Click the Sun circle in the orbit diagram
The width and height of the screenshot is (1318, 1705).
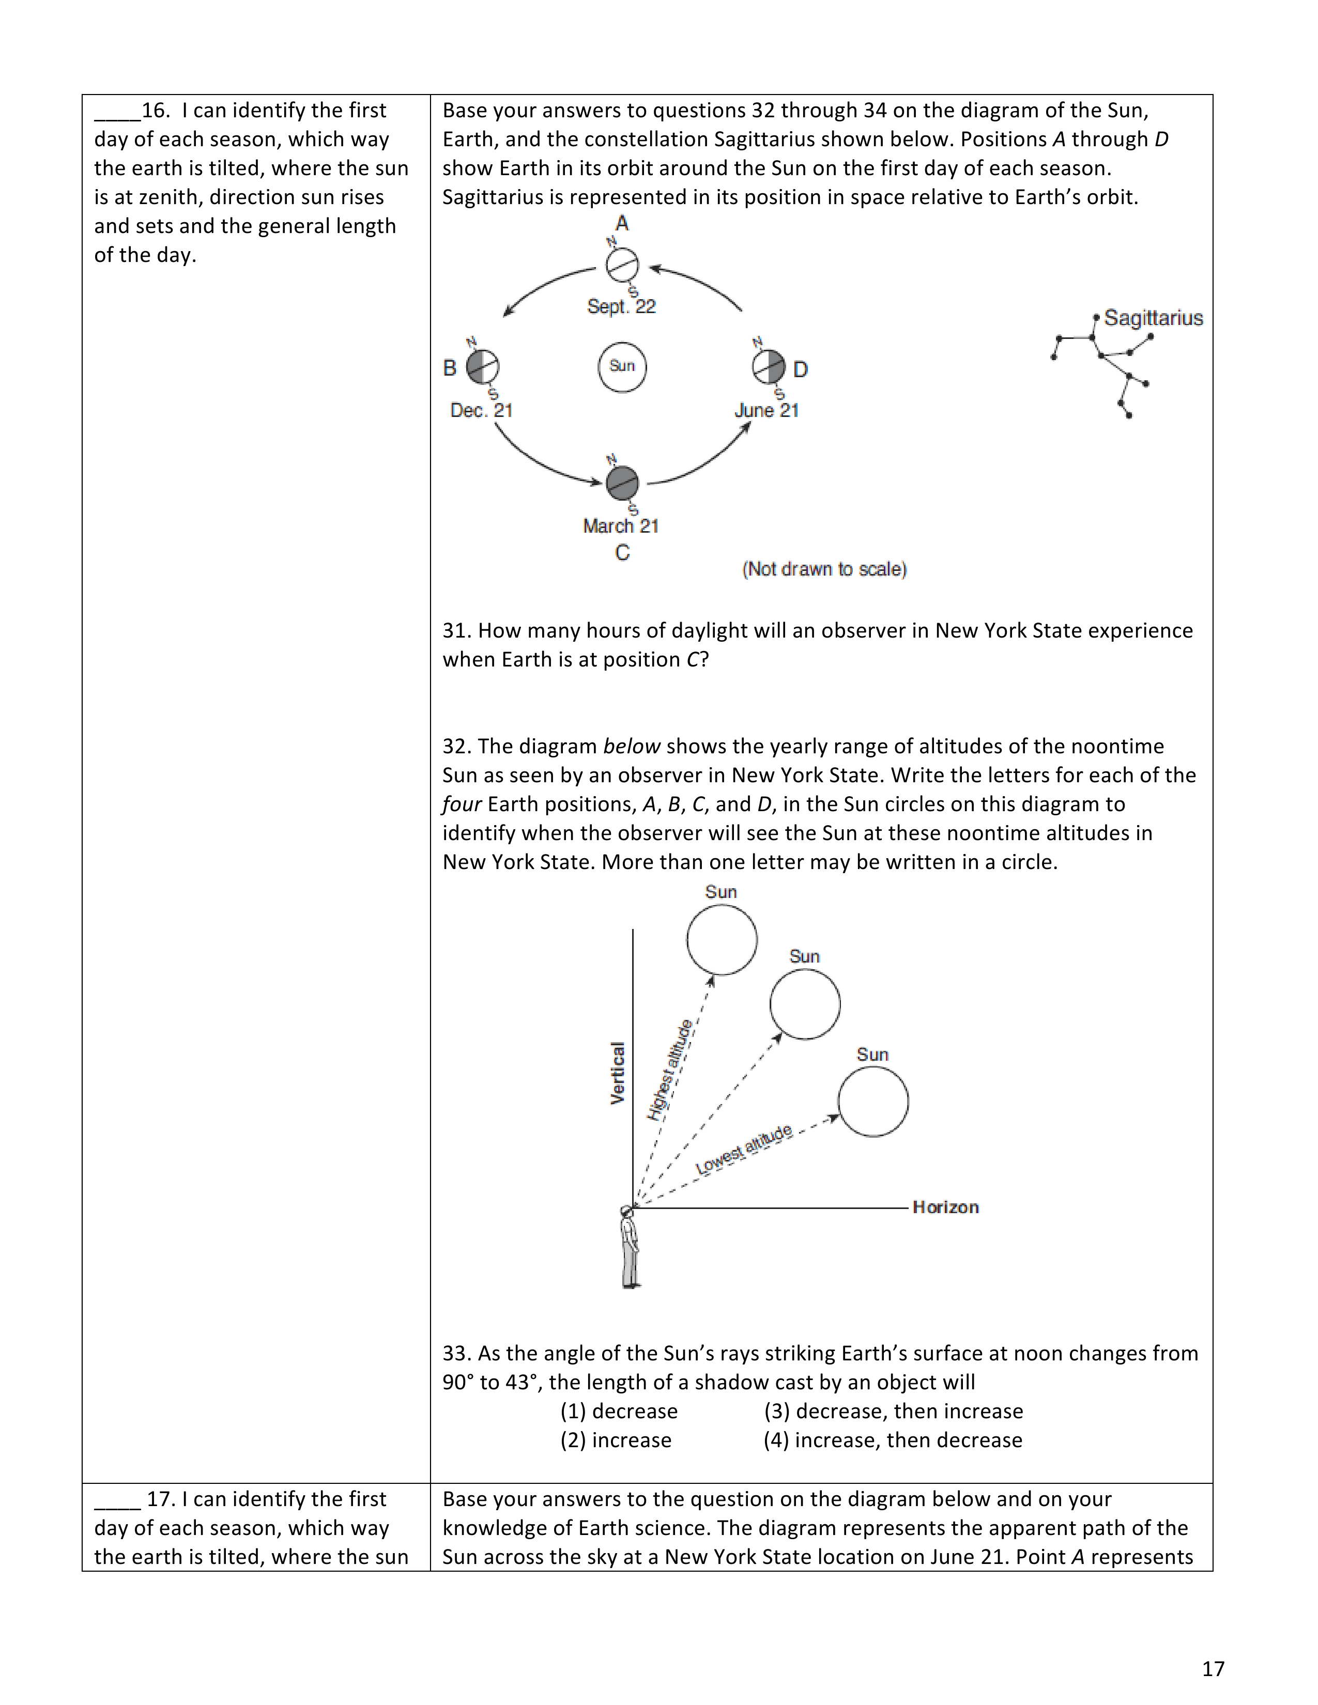(622, 366)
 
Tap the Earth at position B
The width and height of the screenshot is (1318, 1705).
(483, 366)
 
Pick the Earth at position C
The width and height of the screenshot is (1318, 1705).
(622, 483)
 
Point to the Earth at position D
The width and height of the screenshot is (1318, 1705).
(768, 366)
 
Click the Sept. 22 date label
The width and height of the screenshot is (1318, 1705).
(621, 307)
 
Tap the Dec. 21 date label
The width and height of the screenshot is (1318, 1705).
(482, 411)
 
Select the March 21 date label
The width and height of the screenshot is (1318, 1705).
(621, 526)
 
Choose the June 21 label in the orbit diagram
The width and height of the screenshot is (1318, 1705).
(767, 411)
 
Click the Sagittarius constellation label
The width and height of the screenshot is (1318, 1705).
(1153, 318)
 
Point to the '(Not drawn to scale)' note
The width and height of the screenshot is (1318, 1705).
(824, 569)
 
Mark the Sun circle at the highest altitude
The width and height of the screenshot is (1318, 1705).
(722, 940)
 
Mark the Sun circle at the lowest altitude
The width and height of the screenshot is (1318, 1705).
(873, 1102)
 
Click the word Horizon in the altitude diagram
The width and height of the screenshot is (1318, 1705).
(945, 1208)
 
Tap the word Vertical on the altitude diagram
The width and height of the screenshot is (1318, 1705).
(618, 1074)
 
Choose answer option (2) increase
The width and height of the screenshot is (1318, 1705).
(616, 1440)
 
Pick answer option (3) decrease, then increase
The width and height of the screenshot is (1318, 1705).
(893, 1412)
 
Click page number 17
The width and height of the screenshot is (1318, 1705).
(1213, 1669)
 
